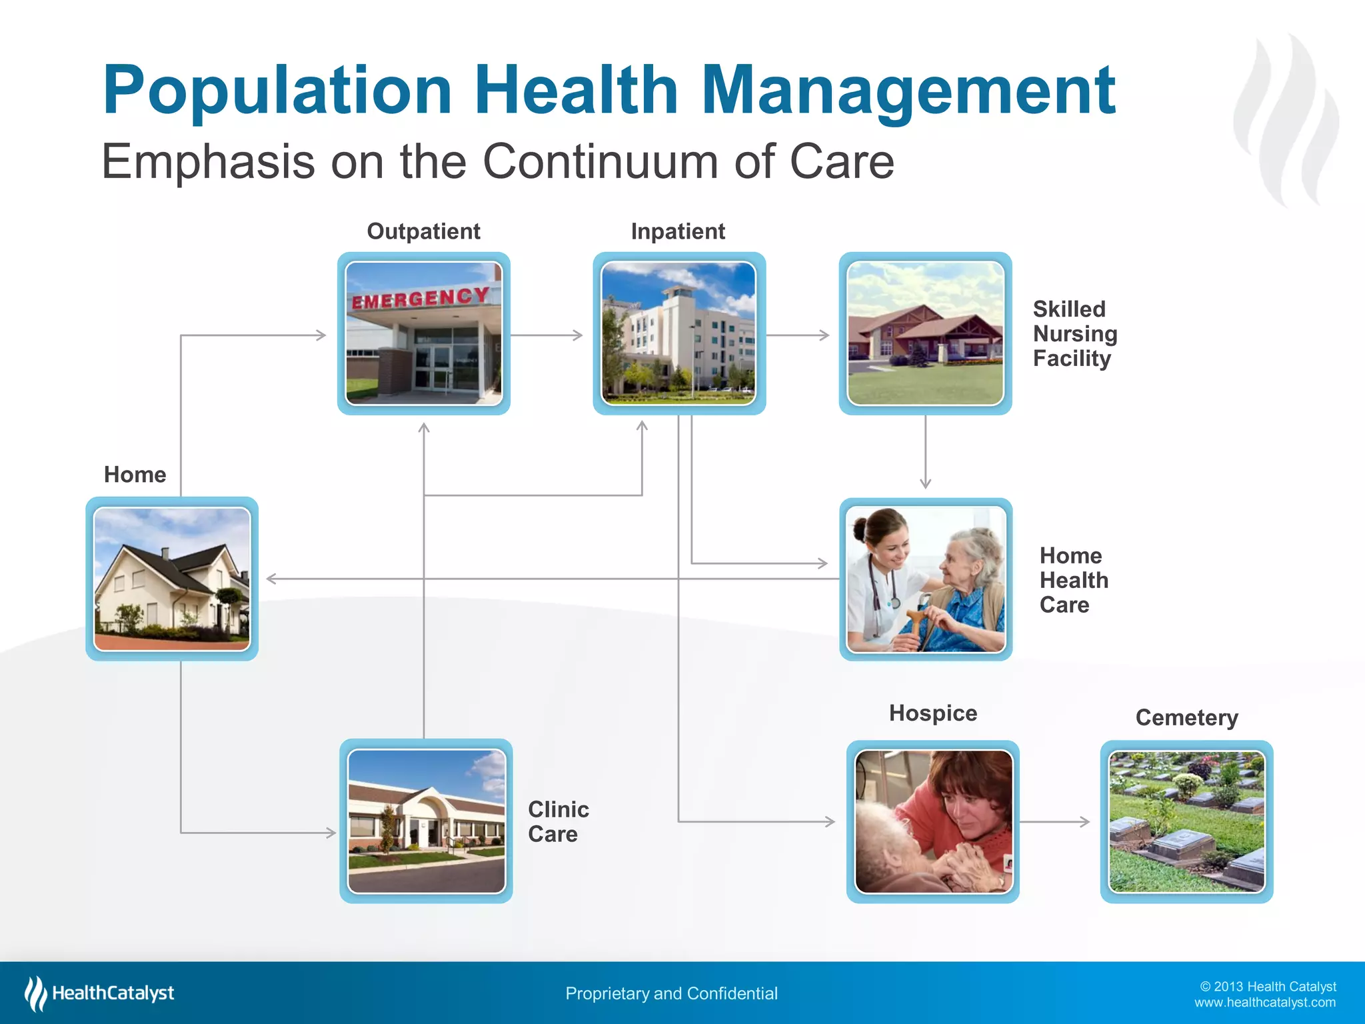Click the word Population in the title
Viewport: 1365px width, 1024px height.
277,91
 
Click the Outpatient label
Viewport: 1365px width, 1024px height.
423,231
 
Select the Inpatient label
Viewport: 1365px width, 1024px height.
678,231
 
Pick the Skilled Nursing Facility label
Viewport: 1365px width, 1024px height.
1074,333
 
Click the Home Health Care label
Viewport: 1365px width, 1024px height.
1073,580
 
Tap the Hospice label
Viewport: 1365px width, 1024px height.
932,713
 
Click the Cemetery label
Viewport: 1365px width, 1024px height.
1186,718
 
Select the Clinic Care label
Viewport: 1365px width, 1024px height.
558,821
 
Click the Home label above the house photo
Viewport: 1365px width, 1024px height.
135,475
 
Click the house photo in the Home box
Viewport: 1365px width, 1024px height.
172,579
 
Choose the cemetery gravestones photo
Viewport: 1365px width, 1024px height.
1186,821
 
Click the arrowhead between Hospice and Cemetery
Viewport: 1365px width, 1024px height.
1085,822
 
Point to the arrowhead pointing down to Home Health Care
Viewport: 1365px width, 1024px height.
925,483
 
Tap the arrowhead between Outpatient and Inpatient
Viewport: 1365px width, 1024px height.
578,335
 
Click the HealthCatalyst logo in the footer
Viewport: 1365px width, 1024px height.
100,993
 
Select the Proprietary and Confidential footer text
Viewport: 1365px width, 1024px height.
671,993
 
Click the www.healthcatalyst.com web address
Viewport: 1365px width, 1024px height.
1264,1003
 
